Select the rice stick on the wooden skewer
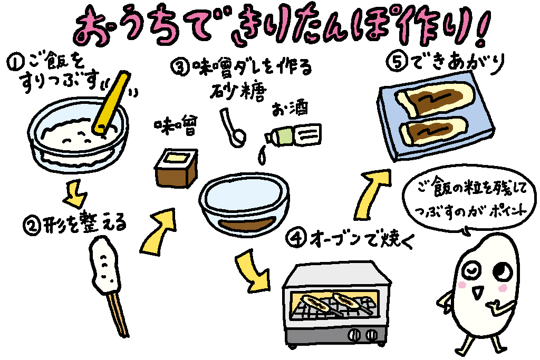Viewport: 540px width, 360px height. tap(105, 264)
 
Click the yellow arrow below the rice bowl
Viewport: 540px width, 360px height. tap(76, 193)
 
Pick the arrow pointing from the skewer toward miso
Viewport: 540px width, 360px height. tap(158, 231)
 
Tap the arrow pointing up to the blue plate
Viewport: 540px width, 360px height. tap(376, 193)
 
